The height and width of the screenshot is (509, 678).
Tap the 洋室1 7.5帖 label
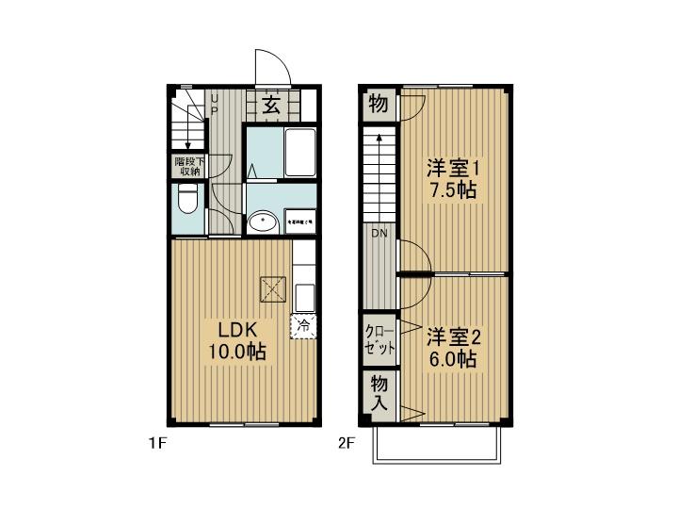click(452, 179)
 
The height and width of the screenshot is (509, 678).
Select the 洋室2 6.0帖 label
click(453, 347)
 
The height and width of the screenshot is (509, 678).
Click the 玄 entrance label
click(271, 105)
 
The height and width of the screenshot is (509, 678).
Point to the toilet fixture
click(186, 201)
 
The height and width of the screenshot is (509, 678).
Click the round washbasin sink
click(263, 222)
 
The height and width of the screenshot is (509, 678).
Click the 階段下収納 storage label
click(188, 166)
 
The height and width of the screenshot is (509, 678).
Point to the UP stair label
click(214, 103)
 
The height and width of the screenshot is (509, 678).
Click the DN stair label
click(379, 233)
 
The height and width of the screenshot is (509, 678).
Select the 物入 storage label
click(379, 392)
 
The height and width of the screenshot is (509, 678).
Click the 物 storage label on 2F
click(378, 105)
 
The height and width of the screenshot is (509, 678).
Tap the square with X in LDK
click(274, 289)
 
